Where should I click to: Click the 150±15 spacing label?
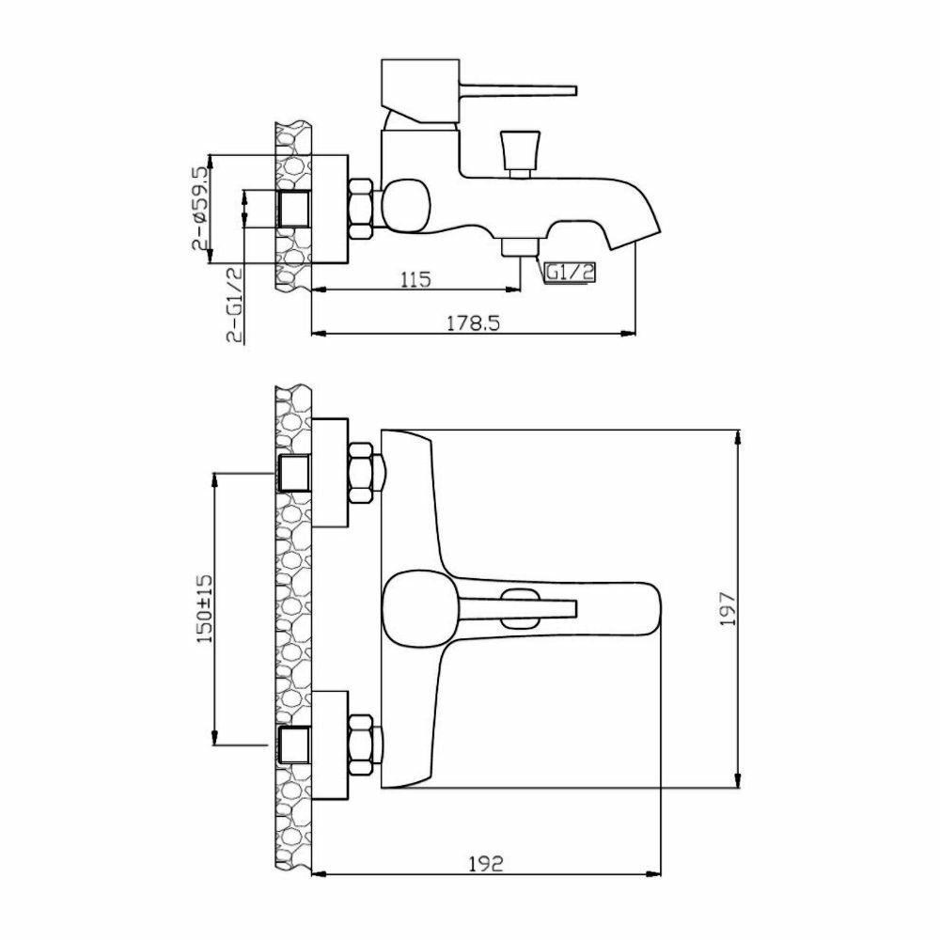tap(205, 611)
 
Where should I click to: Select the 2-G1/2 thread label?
tap(233, 303)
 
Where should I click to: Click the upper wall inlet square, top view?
tap(295, 473)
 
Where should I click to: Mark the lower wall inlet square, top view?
tap(295, 744)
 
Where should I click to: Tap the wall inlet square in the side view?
tap(295, 208)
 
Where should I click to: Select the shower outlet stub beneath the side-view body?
tap(518, 247)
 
